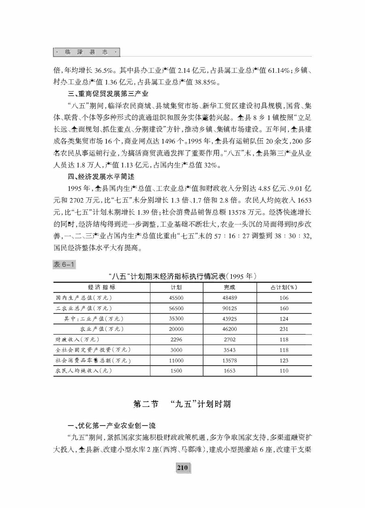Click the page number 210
pyautogui.click(x=182, y=468)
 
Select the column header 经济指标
pyautogui.click(x=102, y=287)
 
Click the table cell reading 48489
pyautogui.click(x=230, y=298)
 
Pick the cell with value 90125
pyautogui.click(x=230, y=308)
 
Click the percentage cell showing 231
pyautogui.click(x=284, y=329)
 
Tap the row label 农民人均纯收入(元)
pyautogui.click(x=84, y=370)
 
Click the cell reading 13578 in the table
pyautogui.click(x=230, y=360)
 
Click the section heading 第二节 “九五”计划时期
pyautogui.click(x=182, y=404)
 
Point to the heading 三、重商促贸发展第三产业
pyautogui.click(x=108, y=94)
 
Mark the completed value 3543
pyautogui.click(x=230, y=350)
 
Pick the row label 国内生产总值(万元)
pyautogui.click(x=83, y=298)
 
